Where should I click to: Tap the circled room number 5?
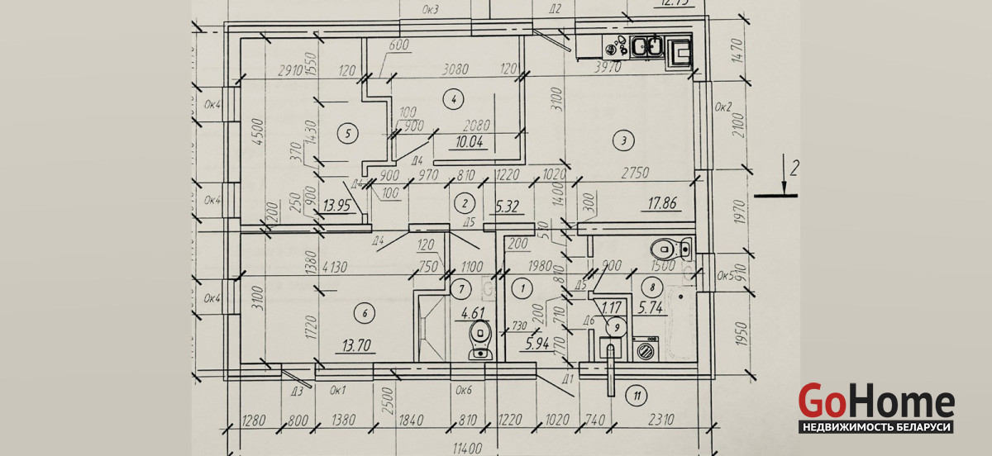(348, 132)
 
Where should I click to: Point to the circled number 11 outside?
(635, 395)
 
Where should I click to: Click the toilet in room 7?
(479, 341)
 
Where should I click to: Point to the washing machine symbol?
(645, 349)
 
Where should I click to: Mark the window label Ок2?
(724, 107)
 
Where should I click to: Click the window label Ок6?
(464, 389)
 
